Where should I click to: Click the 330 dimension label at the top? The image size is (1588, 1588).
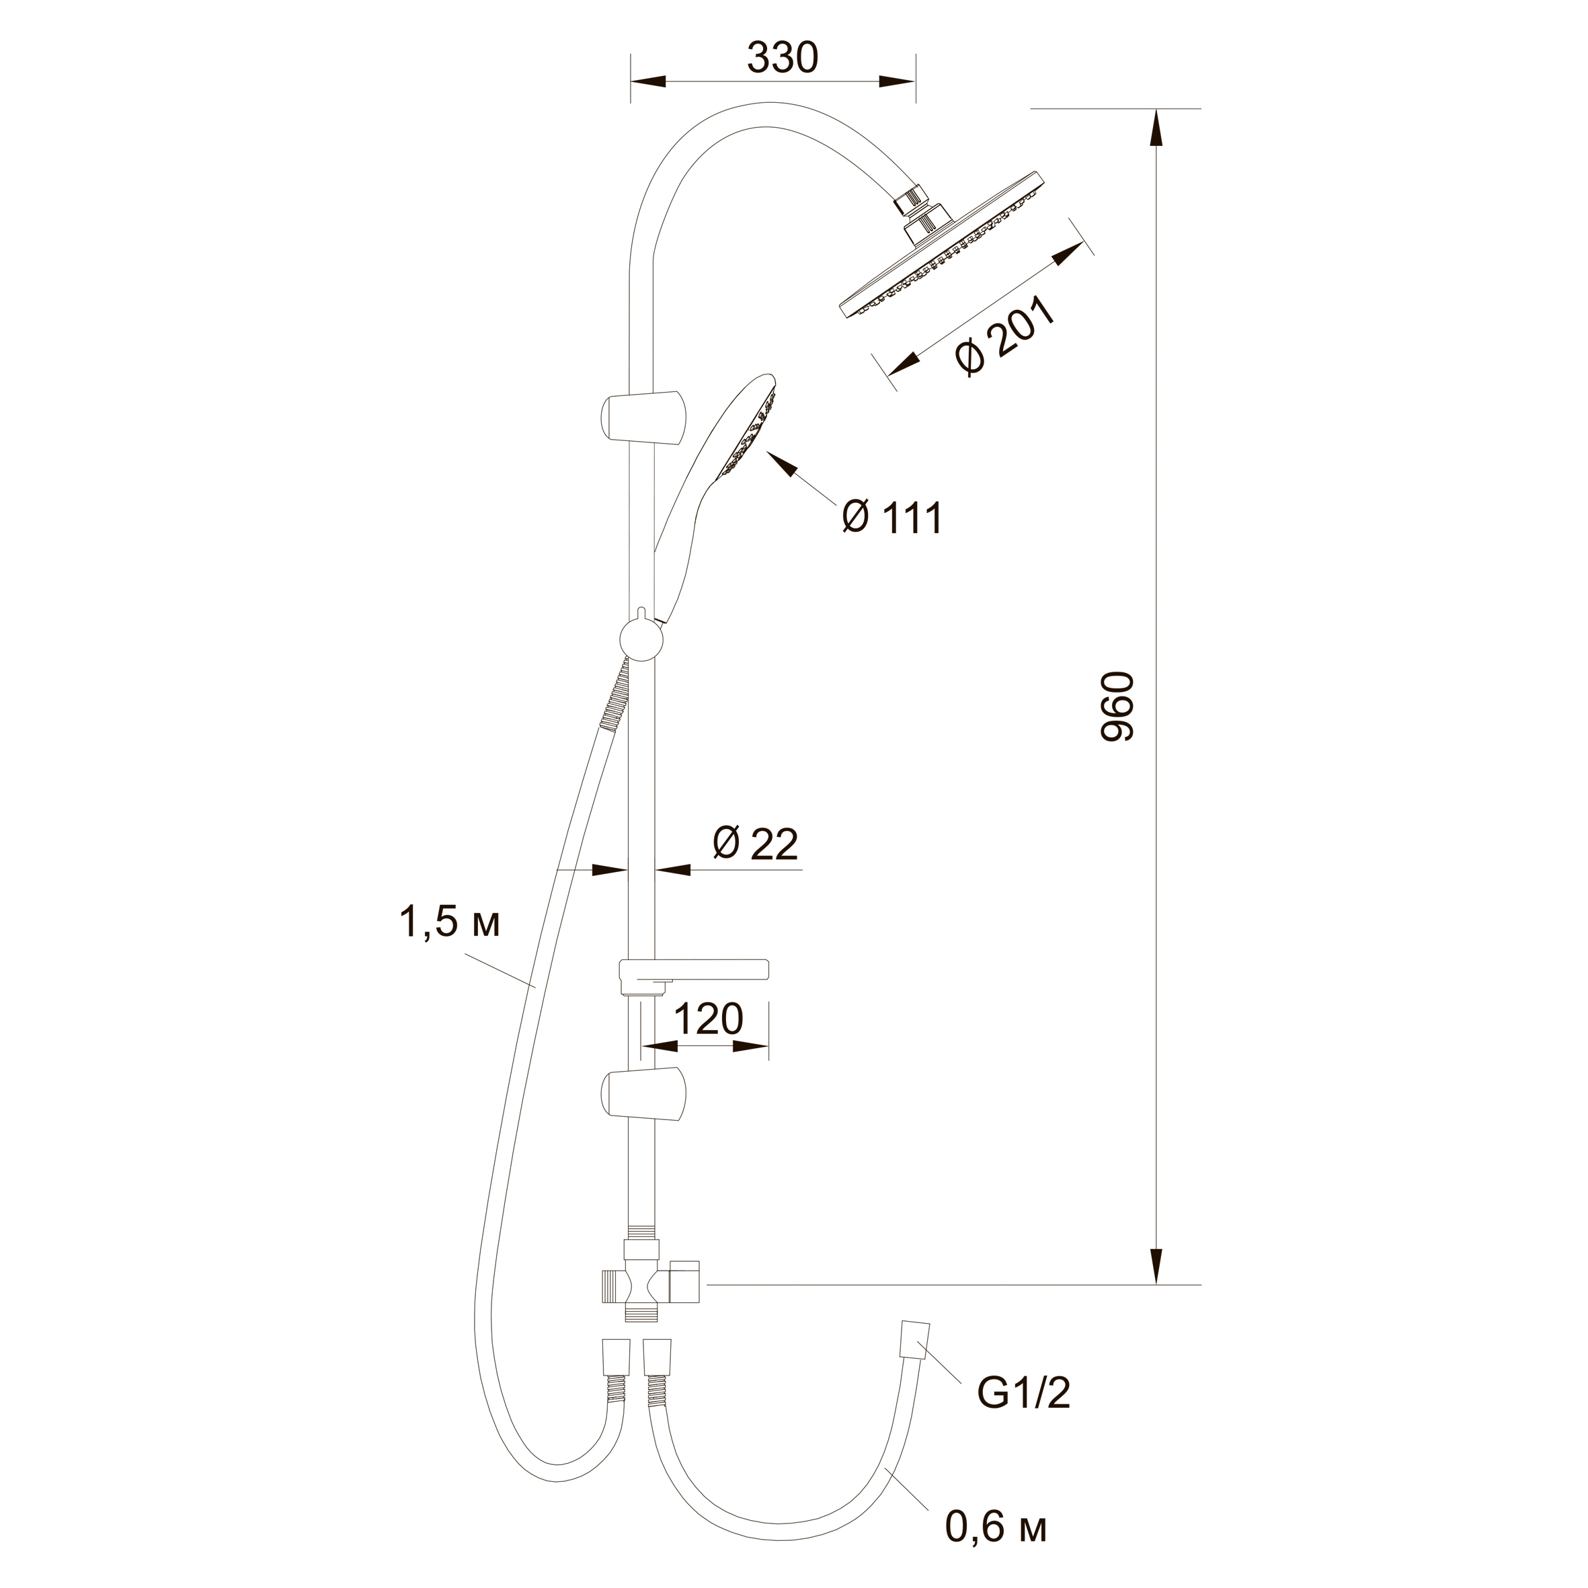(783, 58)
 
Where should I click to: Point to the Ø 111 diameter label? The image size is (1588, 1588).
(893, 518)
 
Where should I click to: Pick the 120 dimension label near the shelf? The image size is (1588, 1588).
(708, 1019)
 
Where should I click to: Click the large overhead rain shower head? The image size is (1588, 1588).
(941, 247)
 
